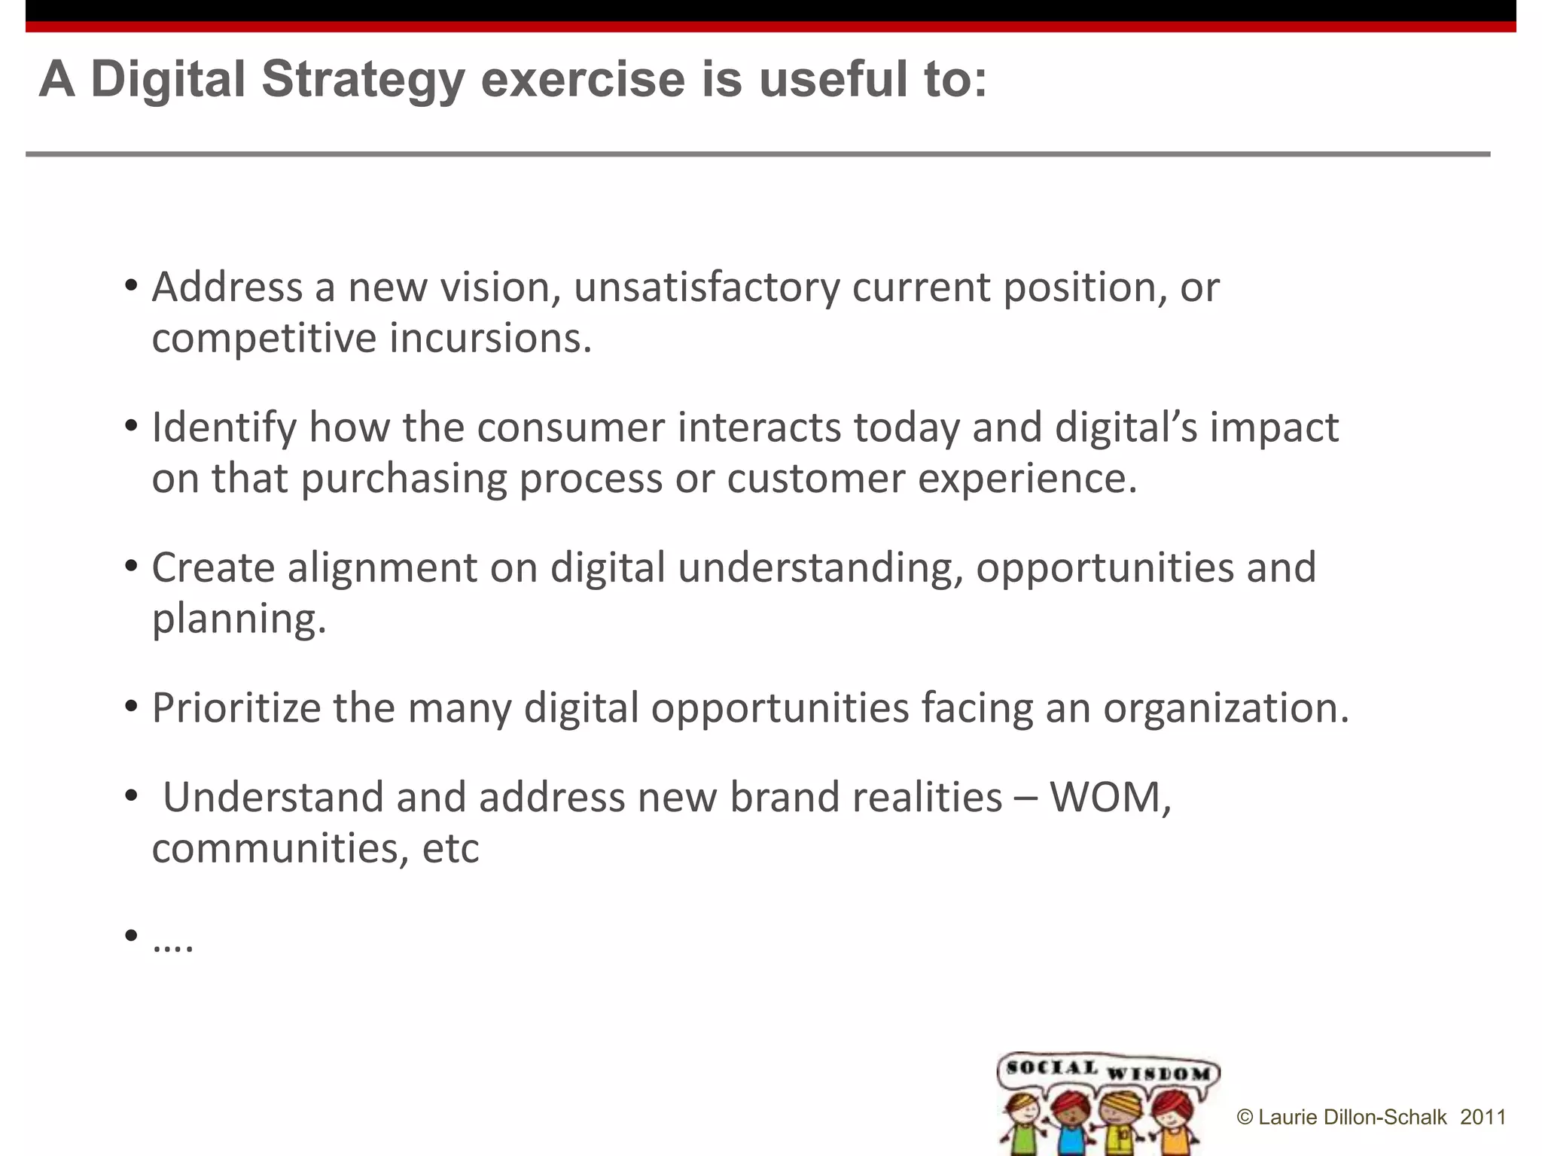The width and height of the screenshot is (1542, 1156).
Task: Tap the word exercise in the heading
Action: [583, 80]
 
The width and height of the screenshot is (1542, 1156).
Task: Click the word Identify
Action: [224, 427]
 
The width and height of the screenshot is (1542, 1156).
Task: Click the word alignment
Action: [382, 567]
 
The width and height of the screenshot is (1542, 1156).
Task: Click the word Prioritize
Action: [236, 708]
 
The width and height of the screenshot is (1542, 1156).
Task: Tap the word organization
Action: [1226, 708]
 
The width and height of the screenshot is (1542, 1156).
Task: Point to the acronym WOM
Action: [1110, 797]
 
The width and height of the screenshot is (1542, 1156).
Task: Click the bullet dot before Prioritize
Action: [132, 707]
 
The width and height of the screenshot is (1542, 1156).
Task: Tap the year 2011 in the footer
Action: [1483, 1117]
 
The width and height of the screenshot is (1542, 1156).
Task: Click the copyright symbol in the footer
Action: [1245, 1118]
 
